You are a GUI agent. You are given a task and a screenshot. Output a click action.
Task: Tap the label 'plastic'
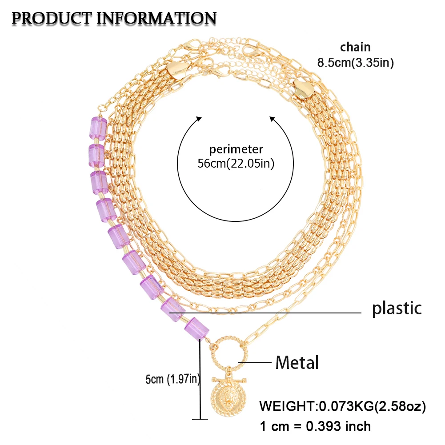point(397,308)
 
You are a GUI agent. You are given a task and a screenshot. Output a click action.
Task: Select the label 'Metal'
point(297,363)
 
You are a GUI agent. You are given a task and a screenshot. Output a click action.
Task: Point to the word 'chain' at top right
point(355,47)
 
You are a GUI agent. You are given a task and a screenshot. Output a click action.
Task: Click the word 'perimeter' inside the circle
point(236,149)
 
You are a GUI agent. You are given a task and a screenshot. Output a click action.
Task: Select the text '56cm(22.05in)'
point(236,163)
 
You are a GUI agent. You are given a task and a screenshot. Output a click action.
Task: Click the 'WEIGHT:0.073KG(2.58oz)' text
point(343,406)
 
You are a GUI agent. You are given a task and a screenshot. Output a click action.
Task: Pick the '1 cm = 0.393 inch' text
point(315,426)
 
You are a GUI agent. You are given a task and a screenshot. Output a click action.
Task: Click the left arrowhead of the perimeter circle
point(198,119)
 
